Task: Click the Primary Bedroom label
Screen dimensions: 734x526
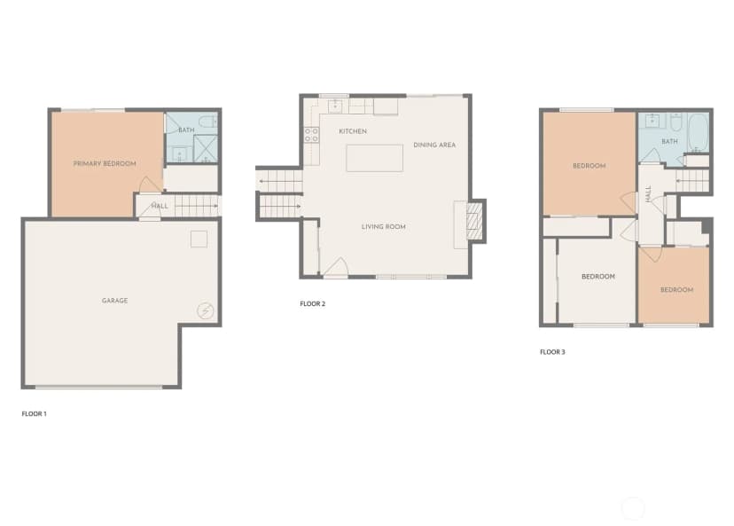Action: point(105,163)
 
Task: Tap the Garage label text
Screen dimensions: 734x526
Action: point(114,301)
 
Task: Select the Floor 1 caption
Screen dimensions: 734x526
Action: point(35,413)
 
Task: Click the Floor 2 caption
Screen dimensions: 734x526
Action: point(313,303)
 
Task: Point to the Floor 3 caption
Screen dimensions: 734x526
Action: point(553,352)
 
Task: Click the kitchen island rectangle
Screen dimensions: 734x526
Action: point(374,158)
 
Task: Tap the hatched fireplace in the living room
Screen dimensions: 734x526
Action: point(474,221)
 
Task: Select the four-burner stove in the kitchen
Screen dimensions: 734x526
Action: point(312,136)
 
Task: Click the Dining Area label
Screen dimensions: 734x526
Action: point(434,145)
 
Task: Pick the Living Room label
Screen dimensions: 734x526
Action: point(383,227)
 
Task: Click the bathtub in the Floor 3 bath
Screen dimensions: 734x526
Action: point(698,132)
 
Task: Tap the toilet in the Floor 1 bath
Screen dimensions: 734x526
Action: point(207,122)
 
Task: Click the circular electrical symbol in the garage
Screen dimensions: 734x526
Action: point(205,310)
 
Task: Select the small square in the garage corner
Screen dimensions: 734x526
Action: point(199,239)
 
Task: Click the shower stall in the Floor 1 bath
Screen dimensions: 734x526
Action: point(206,149)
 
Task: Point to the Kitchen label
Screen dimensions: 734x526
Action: point(353,131)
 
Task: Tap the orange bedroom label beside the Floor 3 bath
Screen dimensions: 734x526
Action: point(590,166)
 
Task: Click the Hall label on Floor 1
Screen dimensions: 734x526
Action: point(160,206)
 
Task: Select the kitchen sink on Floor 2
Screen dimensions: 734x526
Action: point(335,106)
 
